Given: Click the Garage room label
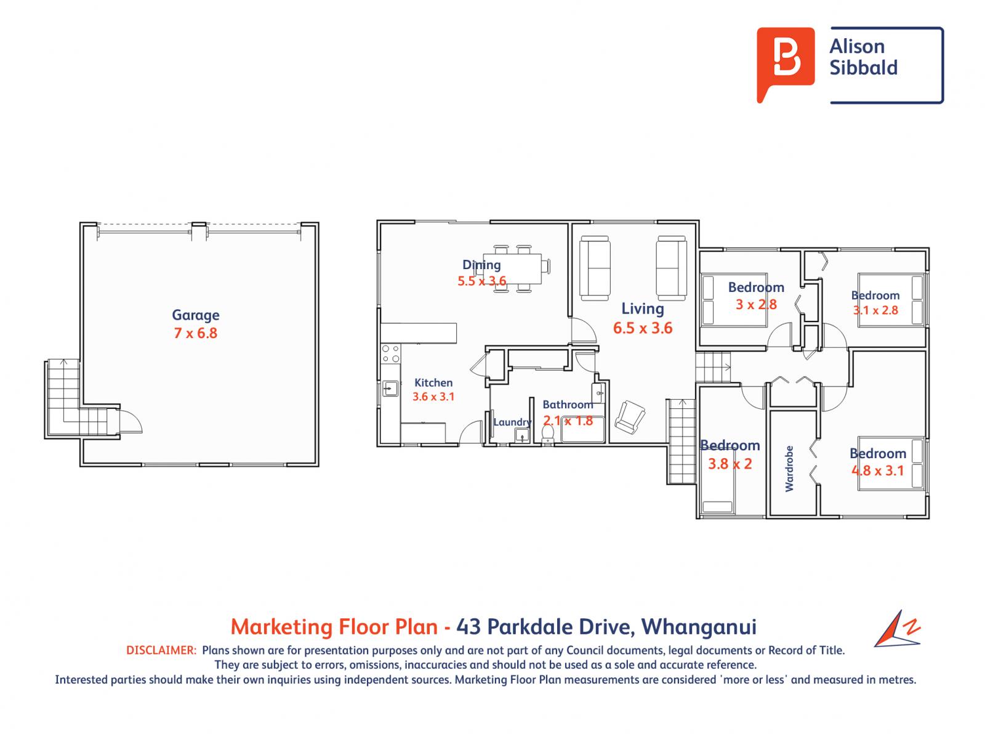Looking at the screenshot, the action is point(196,315).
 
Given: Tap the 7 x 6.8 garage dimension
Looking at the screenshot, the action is point(196,333).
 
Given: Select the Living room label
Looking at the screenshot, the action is point(643,309).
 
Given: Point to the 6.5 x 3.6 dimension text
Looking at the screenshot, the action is point(643,328).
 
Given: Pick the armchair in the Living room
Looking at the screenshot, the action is point(630,418).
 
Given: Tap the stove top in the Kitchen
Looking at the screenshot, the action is point(390,353).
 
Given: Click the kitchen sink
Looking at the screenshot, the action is point(390,388).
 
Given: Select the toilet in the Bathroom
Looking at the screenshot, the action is point(547,434).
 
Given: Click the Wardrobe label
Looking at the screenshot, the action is point(789,469).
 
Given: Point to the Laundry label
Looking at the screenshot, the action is point(512,422).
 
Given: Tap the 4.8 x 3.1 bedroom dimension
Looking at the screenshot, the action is point(878,470).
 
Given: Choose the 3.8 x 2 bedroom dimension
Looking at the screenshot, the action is point(730,464).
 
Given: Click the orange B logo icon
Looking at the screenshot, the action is point(786,63).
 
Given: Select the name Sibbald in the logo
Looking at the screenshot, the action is point(863,68).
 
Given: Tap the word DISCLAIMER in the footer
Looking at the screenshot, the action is point(161,650).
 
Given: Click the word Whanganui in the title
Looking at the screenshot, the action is point(699,627).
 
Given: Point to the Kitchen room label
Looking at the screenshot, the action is point(433,382).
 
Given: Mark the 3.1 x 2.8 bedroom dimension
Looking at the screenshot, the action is point(875,310).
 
